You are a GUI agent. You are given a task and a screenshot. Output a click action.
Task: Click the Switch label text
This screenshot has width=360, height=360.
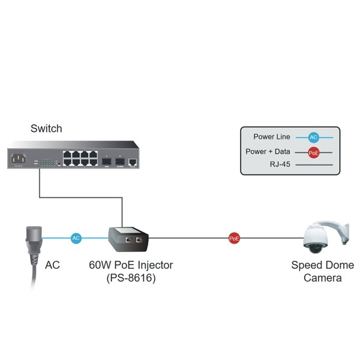click(46, 128)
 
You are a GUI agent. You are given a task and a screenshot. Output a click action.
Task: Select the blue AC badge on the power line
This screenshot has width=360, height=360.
click(76, 238)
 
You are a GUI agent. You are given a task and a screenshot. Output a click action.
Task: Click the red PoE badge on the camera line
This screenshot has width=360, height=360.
click(235, 238)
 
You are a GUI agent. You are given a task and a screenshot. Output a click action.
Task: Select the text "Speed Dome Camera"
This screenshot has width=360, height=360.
click(322, 271)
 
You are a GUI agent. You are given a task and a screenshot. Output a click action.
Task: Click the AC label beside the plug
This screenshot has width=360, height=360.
click(53, 265)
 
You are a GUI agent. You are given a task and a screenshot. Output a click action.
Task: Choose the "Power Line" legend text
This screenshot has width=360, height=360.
click(271, 137)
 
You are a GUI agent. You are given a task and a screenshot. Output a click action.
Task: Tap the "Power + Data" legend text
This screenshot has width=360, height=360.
click(268, 151)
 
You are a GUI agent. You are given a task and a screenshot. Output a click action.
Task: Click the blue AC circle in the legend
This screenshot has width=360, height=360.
click(313, 137)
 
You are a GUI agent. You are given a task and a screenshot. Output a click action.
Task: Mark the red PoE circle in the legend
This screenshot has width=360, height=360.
click(313, 152)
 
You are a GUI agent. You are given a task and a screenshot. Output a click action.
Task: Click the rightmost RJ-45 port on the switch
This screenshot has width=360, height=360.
click(133, 162)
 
